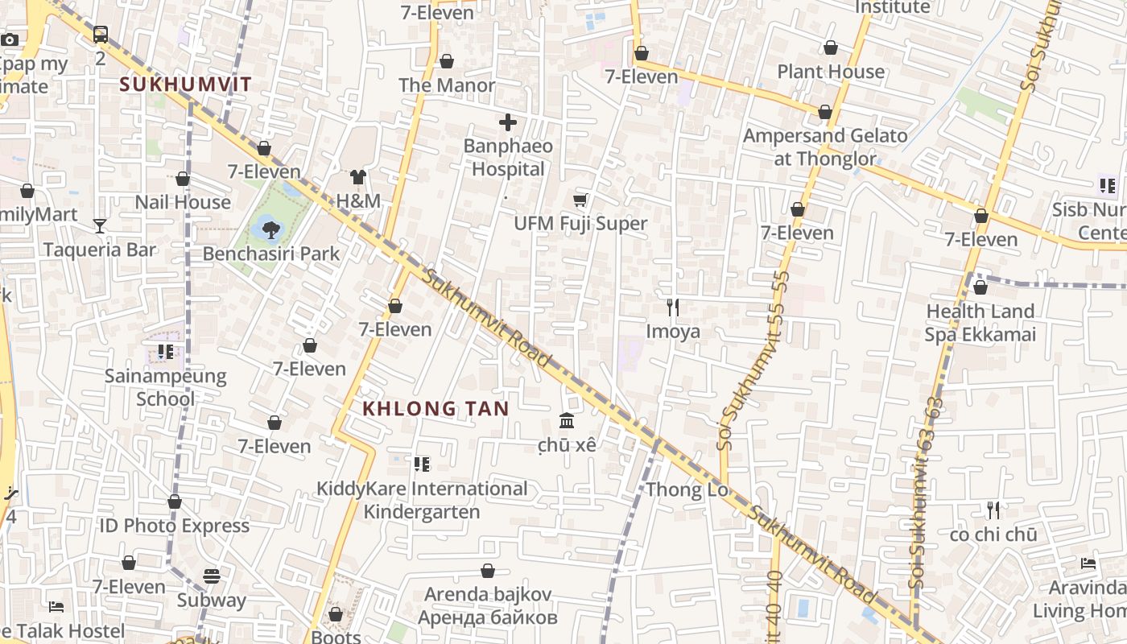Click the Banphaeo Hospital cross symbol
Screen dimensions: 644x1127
click(x=508, y=123)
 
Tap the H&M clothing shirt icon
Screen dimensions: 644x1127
click(x=358, y=177)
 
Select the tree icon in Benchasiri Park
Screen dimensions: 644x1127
click(x=271, y=230)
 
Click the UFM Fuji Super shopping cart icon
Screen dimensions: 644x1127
click(x=580, y=200)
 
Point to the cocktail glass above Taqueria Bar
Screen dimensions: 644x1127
click(x=99, y=226)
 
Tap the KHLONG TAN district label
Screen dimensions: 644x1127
click(x=436, y=409)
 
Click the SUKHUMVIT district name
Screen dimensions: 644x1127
click(x=185, y=84)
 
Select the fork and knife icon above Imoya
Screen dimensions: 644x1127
click(x=673, y=307)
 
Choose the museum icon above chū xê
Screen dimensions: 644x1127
click(x=567, y=421)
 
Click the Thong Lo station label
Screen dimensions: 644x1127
click(x=687, y=489)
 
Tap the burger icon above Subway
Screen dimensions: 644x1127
click(x=212, y=576)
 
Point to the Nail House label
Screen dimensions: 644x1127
click(x=183, y=202)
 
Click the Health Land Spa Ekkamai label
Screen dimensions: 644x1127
click(x=980, y=323)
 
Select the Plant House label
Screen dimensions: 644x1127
click(x=831, y=72)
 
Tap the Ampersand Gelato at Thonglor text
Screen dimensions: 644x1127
click(x=825, y=147)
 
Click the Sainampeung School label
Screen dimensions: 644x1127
click(x=166, y=387)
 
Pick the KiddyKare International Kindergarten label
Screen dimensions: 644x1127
click(x=422, y=500)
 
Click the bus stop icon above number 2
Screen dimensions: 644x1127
click(x=100, y=35)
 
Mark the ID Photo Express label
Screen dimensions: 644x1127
click(x=174, y=526)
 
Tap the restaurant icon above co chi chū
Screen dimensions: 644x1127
click(x=993, y=510)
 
